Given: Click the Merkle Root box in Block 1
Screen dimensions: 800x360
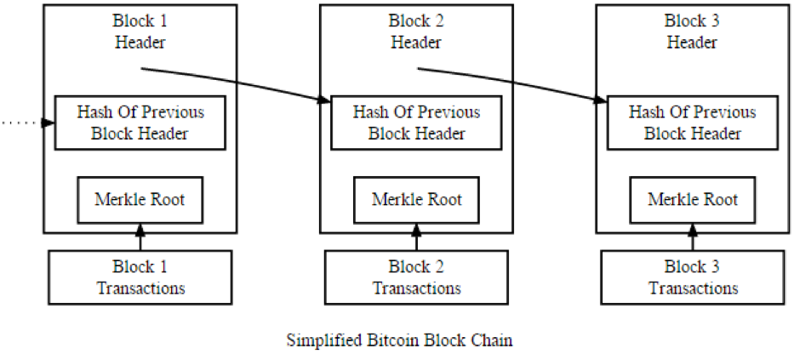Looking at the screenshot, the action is point(140,200).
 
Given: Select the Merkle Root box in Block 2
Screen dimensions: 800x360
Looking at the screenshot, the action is point(416,200).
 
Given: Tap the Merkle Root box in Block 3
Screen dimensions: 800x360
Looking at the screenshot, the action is point(693,200).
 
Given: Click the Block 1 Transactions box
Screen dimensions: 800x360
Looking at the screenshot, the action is point(140,277).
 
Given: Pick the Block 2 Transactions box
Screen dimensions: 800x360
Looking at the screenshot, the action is point(416,277).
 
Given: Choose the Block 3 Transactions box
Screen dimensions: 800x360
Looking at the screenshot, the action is point(693,277).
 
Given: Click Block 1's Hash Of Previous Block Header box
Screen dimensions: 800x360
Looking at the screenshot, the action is point(140,123).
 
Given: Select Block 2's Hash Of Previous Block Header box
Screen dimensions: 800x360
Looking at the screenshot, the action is point(416,123).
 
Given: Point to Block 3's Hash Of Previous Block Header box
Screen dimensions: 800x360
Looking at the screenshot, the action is point(693,123).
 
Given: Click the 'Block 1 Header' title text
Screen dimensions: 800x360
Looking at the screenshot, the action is point(140,31).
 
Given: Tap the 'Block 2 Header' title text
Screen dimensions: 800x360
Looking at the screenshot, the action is point(416,31).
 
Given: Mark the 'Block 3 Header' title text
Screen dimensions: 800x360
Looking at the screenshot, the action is point(693,31).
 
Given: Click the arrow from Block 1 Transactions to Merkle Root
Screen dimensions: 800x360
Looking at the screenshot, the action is point(140,237).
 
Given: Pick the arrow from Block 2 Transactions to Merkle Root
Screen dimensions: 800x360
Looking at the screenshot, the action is point(416,237).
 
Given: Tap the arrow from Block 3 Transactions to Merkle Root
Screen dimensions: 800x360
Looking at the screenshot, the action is point(693,237).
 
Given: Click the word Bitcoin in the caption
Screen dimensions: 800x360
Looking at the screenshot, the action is point(389,340).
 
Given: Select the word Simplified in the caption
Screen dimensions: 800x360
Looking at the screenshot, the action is point(324,340).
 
